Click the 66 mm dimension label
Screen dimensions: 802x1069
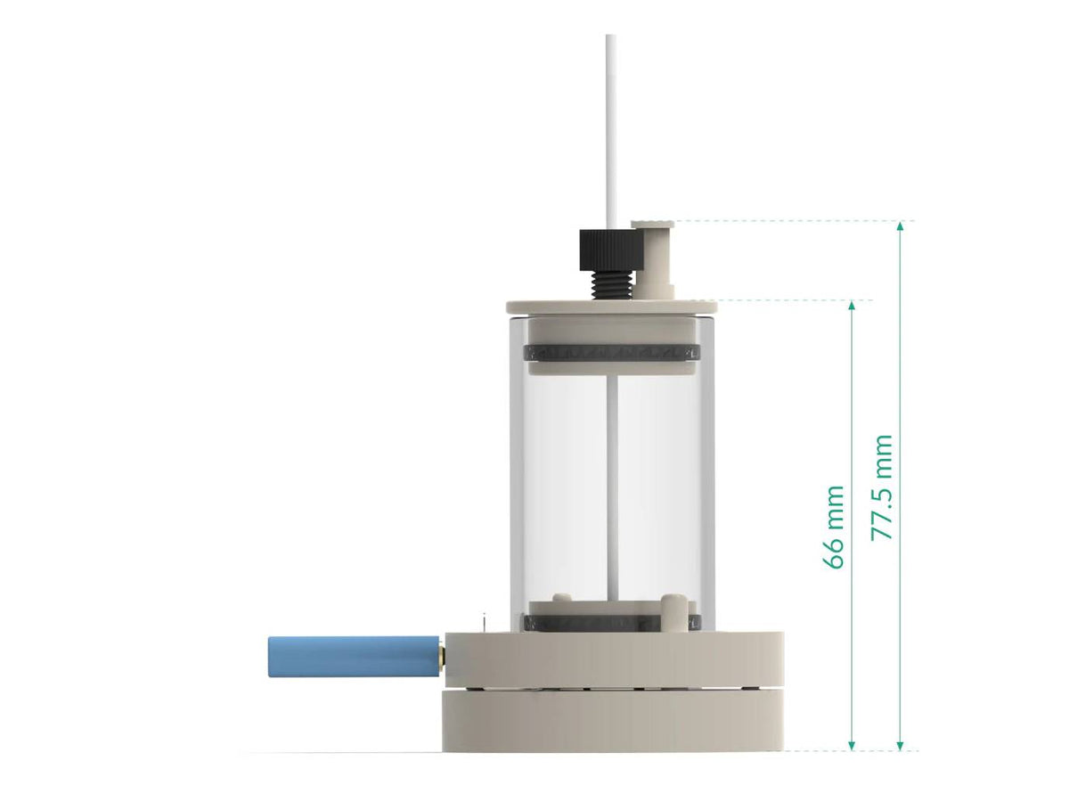(x=834, y=527)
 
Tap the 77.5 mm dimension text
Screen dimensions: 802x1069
(x=882, y=487)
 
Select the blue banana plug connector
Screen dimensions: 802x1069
(x=352, y=656)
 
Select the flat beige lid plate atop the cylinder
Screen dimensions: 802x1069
(x=611, y=307)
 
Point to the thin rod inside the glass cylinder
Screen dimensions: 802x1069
(x=611, y=481)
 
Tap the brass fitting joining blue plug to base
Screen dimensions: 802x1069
(x=440, y=656)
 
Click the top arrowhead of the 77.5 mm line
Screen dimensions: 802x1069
(x=900, y=227)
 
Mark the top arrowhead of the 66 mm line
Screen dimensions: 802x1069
(x=853, y=307)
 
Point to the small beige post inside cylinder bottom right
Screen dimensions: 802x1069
(x=678, y=610)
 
